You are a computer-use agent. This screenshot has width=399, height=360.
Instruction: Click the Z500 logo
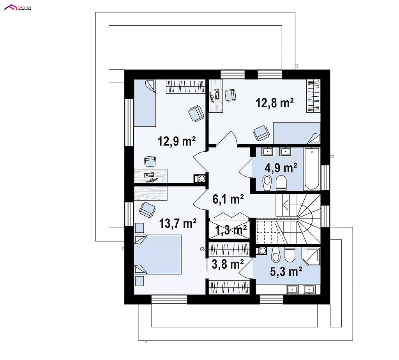coord(18,8)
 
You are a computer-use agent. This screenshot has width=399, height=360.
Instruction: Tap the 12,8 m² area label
coord(275,103)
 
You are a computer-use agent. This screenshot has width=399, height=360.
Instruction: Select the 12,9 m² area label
coord(177,141)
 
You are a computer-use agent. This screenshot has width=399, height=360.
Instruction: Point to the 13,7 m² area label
coord(178,223)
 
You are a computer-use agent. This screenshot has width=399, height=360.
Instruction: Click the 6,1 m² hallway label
coord(228,199)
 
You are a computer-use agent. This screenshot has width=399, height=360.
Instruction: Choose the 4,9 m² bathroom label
coord(281,168)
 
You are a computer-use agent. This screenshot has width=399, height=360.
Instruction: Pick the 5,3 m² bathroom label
coord(286,271)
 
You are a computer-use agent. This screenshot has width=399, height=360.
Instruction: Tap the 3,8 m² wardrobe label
coord(228,264)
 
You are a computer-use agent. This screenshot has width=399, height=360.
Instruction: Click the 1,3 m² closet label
coord(231,231)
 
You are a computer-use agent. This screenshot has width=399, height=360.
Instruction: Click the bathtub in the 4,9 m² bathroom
coord(312,168)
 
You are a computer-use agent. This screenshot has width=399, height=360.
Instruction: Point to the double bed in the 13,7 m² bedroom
coord(158,255)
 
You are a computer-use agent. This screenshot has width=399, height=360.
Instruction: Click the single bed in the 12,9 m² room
coord(145,103)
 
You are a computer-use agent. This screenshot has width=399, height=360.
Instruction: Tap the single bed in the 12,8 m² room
coord(297,133)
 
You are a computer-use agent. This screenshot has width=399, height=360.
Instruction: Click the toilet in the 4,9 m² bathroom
coord(281,183)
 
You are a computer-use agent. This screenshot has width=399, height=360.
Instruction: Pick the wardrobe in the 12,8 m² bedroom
coord(313,96)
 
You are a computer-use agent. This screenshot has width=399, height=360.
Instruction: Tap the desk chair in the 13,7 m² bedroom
coord(147,209)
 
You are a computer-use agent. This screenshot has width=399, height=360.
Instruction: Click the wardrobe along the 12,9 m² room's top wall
coord(186,86)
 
